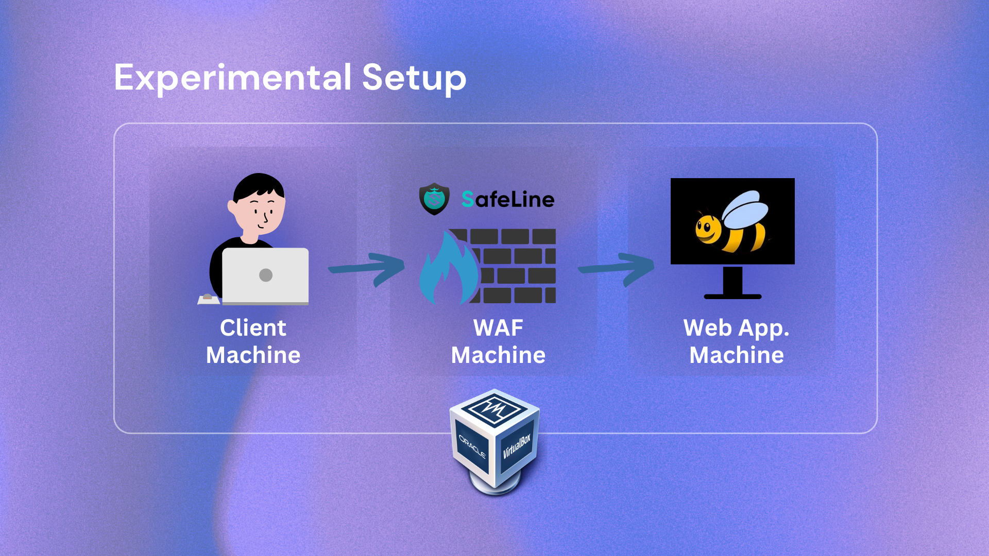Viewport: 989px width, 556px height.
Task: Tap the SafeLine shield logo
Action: [x=434, y=199]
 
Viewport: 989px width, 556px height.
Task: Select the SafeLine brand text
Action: [x=508, y=199]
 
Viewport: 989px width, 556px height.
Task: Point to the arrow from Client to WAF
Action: [x=367, y=268]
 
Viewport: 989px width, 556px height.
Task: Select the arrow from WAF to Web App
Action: [x=617, y=268]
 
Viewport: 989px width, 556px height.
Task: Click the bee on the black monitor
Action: [x=731, y=224]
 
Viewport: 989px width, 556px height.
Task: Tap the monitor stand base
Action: [x=732, y=296]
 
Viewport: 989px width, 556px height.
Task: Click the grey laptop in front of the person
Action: [x=265, y=275]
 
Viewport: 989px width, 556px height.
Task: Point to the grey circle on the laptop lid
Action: [x=266, y=275]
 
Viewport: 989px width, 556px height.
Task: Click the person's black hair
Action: [x=258, y=185]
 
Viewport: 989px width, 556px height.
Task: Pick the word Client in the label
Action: [x=253, y=328]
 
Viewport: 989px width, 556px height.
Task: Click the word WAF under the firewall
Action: [x=498, y=328]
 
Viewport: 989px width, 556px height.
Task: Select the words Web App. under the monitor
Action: [x=736, y=328]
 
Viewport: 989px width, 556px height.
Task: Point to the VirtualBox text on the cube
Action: [x=517, y=446]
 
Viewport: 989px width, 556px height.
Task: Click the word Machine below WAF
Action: [x=498, y=355]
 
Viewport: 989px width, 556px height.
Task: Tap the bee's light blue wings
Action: [x=746, y=210]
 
